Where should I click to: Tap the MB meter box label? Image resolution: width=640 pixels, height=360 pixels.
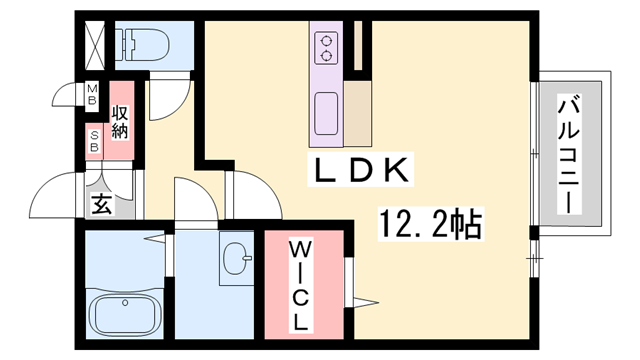[x=92, y=96]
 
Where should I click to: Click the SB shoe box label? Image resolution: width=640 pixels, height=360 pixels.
[x=95, y=142]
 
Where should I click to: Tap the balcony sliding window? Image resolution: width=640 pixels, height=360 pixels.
[x=532, y=155]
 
